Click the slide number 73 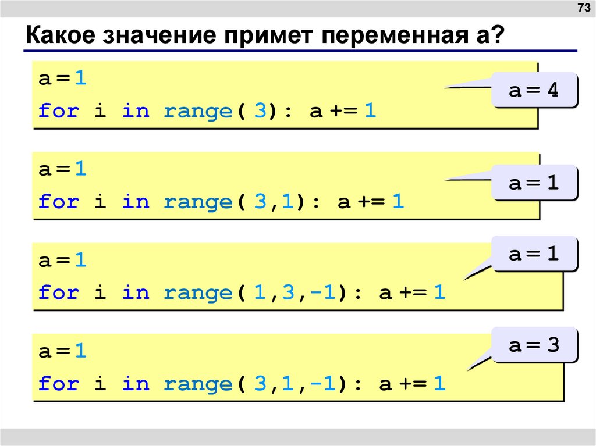pyautogui.click(x=583, y=8)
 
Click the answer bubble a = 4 pyautogui.click(x=534, y=90)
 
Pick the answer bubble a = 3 pyautogui.click(x=534, y=345)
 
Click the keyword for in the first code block pyautogui.click(x=58, y=111)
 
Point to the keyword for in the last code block pyautogui.click(x=58, y=384)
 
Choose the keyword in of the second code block pyautogui.click(x=136, y=202)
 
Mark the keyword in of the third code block pyautogui.click(x=136, y=293)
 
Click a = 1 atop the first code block pyautogui.click(x=63, y=79)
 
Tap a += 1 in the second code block pyautogui.click(x=371, y=202)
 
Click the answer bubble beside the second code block pyautogui.click(x=534, y=183)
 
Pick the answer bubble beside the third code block pyautogui.click(x=534, y=254)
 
